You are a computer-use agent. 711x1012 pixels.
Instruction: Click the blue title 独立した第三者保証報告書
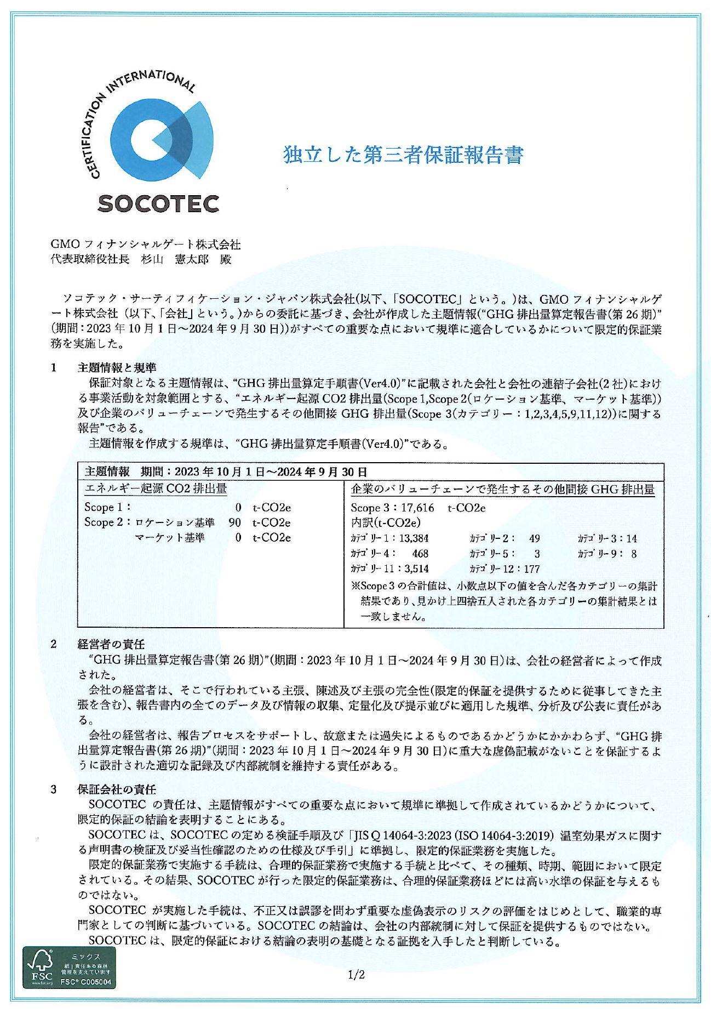(x=403, y=155)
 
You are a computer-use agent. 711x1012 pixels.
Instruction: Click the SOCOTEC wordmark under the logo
(x=158, y=203)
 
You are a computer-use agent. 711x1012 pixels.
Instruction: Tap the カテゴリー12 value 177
(x=531, y=568)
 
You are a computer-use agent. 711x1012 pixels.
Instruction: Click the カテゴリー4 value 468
(x=420, y=554)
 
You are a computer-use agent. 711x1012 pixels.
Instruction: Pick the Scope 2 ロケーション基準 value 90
(x=234, y=522)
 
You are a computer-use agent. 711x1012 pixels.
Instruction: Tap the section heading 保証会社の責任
(x=117, y=790)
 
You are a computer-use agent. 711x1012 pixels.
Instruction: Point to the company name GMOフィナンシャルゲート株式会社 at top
(x=145, y=244)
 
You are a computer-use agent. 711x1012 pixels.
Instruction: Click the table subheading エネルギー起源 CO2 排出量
(x=156, y=488)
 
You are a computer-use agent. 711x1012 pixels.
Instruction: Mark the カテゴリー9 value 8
(x=634, y=554)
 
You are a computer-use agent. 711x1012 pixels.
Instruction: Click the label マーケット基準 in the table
(x=169, y=538)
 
